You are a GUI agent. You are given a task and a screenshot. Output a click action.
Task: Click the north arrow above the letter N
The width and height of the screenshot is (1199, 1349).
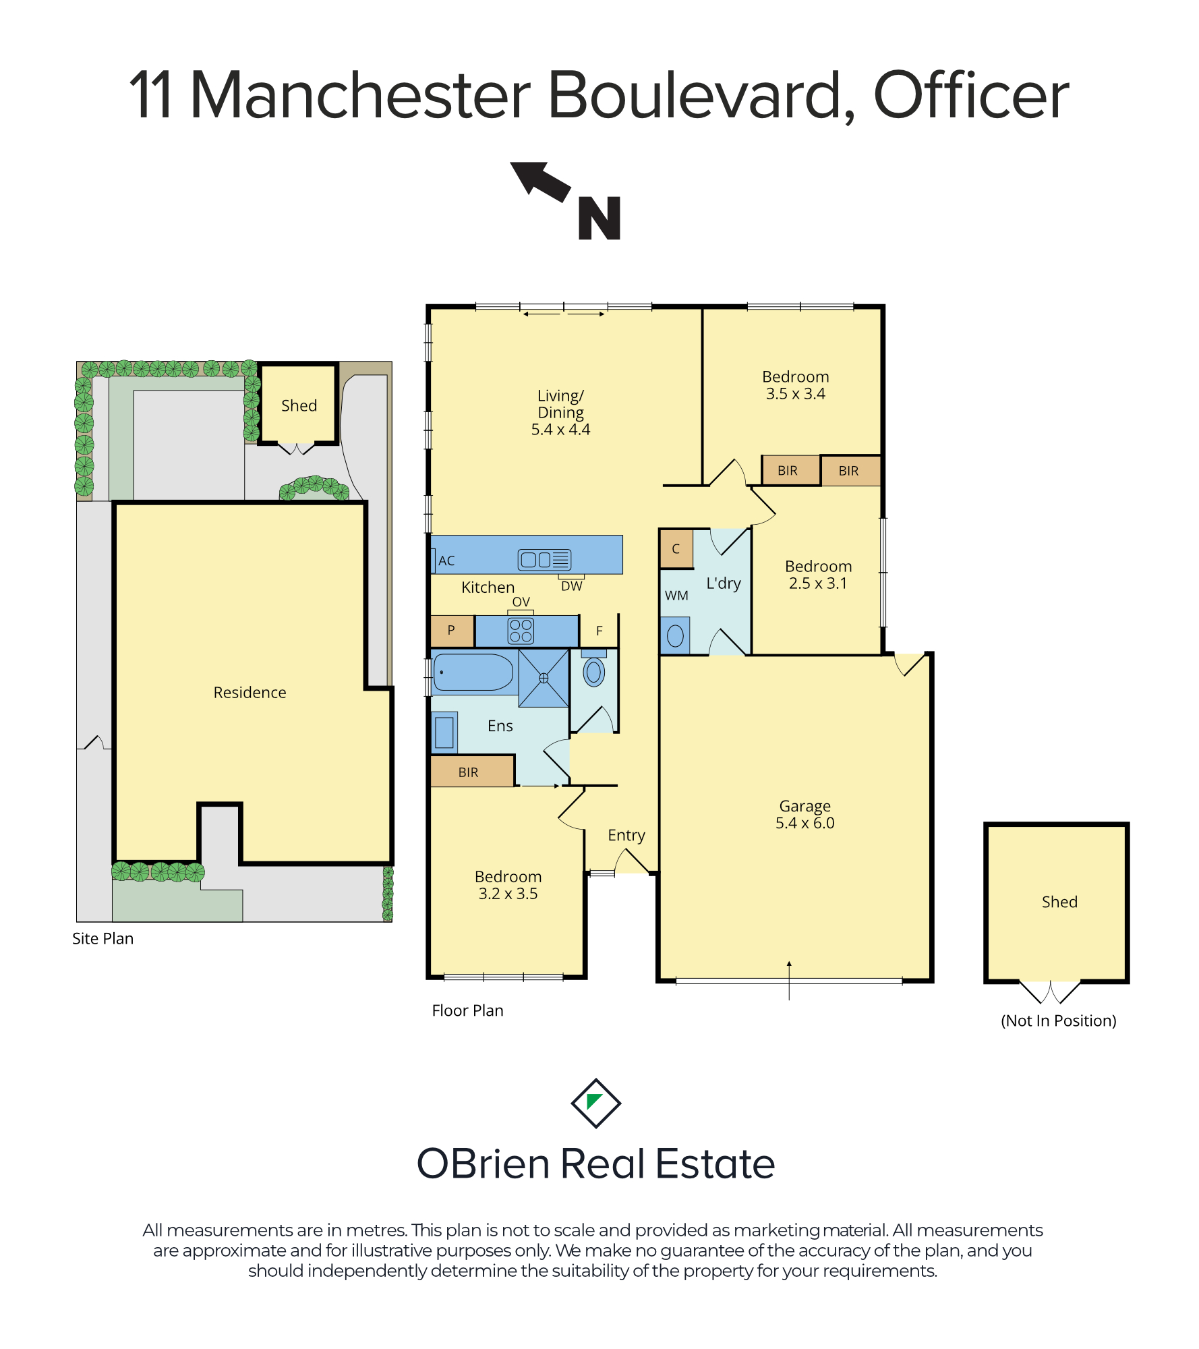[x=541, y=181]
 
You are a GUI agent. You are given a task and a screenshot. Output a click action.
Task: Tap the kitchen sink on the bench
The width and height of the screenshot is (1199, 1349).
[x=544, y=559]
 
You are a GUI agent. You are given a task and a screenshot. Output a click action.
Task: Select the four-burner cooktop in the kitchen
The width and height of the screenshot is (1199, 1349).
[x=521, y=631]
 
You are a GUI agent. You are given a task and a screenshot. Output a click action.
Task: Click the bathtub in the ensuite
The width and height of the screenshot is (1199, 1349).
[x=473, y=672]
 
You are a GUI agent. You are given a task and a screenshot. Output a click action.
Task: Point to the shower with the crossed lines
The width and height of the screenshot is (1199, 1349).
[x=544, y=678]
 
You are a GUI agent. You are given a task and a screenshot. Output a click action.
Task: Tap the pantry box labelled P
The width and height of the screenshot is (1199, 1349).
[x=452, y=631]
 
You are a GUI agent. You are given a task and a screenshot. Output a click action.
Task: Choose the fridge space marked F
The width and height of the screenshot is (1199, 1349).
[x=599, y=631]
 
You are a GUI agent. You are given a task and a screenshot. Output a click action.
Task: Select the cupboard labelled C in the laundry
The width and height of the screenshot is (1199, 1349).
[x=676, y=549]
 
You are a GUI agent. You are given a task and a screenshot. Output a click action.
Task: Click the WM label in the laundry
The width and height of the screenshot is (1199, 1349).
[x=676, y=596]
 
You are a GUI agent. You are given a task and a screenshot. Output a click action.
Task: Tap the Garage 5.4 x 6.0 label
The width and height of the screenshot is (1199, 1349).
[x=805, y=814]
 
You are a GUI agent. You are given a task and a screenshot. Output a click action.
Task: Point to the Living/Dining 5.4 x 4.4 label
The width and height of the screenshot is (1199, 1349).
[x=560, y=412]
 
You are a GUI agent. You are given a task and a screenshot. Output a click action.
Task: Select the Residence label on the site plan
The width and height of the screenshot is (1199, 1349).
[x=250, y=693]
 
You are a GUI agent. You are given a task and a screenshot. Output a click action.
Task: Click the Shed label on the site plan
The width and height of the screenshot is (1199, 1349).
[x=299, y=405]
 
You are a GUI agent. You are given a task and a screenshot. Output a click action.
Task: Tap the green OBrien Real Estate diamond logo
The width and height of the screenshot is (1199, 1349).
[x=595, y=1103]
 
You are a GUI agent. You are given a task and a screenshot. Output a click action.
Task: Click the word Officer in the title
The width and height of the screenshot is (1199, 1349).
[x=971, y=95]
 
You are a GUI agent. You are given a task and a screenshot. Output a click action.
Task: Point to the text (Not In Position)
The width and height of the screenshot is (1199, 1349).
[x=1058, y=1021]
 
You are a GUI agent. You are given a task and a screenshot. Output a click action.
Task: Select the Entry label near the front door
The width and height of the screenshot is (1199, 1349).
[x=626, y=836]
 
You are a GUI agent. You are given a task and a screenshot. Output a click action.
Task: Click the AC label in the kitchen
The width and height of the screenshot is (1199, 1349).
[x=446, y=561]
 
